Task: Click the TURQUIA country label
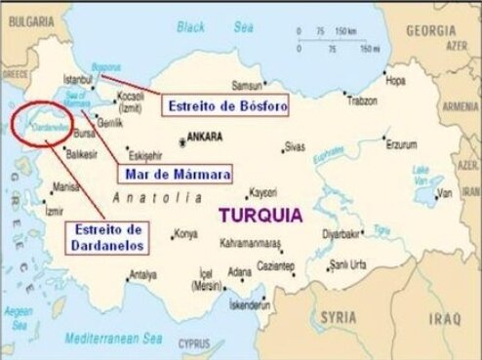pyautogui.click(x=261, y=213)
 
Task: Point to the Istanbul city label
pyautogui.click(x=77, y=77)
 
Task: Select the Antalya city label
pyautogui.click(x=142, y=273)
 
